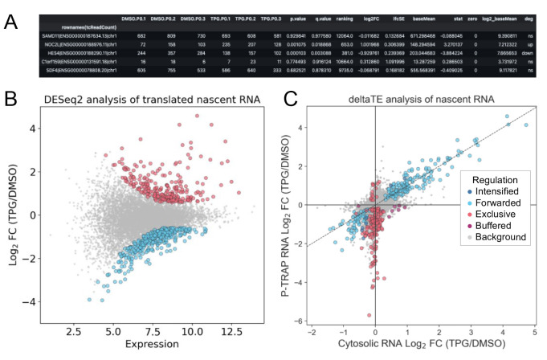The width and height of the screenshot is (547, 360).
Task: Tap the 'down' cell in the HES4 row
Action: (523, 52)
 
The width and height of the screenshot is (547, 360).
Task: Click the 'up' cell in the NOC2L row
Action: (524, 43)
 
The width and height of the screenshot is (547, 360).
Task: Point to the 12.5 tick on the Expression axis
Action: (231, 329)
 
